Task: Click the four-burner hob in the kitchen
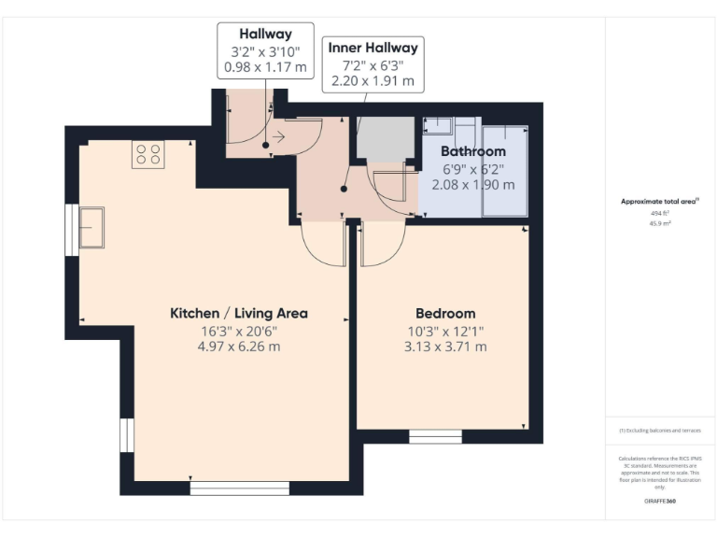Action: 148,153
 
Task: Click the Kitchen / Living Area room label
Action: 238,313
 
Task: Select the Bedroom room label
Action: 445,313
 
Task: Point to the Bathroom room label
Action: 473,151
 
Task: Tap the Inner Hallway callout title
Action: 373,47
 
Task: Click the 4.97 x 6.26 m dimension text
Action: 238,347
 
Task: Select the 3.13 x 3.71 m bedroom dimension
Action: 445,347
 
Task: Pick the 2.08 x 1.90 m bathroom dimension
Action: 473,185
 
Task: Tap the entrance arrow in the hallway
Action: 278,134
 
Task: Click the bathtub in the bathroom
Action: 504,170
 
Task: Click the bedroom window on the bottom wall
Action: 435,436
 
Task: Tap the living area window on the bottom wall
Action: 226,488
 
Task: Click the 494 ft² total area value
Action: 659,214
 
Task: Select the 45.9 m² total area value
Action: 659,224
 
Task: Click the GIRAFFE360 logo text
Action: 659,502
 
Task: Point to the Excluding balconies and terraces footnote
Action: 659,431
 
